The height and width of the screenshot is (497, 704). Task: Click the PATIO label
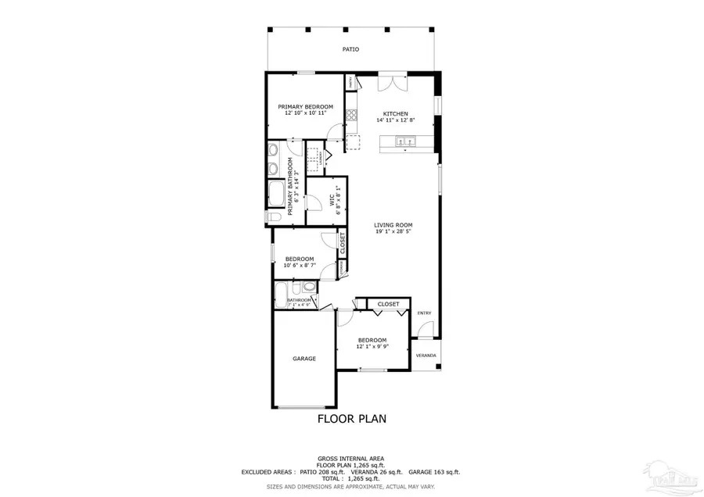[x=351, y=49]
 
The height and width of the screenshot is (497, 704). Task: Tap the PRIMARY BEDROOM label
[x=306, y=106]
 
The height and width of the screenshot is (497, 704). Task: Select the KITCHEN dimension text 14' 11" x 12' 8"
[x=395, y=120]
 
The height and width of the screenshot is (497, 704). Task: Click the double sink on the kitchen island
[x=405, y=141]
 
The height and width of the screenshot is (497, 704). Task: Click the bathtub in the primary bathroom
[x=276, y=192]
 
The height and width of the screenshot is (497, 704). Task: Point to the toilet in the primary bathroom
[x=275, y=216]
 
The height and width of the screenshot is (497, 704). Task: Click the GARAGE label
[x=304, y=359]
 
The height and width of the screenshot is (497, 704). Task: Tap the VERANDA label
[x=426, y=356]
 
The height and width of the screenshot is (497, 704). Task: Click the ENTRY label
[x=424, y=313]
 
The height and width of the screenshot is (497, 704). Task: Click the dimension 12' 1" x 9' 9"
[x=372, y=346]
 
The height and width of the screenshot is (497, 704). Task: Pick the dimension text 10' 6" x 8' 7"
[x=300, y=266]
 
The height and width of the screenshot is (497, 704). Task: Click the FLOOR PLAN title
[x=351, y=419]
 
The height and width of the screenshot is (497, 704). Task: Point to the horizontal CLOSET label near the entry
[x=389, y=304]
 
